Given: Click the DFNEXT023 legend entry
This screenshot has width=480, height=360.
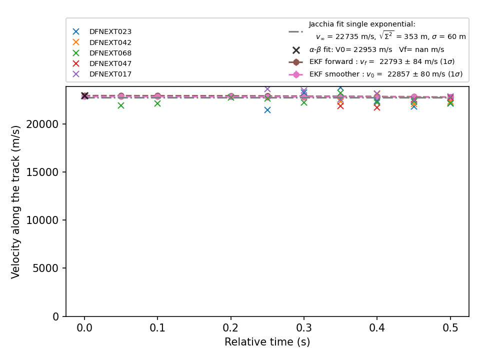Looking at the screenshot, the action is (110, 31).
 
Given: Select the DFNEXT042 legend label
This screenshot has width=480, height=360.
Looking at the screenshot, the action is (110, 42).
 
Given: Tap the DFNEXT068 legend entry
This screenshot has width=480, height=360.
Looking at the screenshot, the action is (110, 53).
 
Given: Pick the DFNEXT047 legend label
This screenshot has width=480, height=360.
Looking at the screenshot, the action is (110, 63).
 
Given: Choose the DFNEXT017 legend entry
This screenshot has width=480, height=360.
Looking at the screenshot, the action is (110, 74).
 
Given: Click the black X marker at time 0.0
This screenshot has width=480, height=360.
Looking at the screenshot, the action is (84, 96).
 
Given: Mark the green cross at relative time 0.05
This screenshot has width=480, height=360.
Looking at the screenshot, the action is (121, 105).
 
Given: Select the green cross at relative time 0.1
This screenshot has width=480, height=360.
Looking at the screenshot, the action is (157, 103).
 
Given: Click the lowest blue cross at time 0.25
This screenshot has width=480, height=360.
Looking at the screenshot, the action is (267, 110).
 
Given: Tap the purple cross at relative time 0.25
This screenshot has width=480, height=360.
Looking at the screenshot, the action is (267, 89).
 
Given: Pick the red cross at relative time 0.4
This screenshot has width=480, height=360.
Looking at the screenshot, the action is (377, 107).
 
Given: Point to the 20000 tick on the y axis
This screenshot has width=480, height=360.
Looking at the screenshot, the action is (64, 124).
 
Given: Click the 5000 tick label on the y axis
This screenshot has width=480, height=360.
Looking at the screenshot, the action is (45, 268).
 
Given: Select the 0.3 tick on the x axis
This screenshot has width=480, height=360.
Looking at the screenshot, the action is (304, 318).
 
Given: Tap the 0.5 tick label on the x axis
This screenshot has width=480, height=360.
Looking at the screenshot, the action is (450, 328).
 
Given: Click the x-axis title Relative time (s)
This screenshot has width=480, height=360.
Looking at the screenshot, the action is (267, 342).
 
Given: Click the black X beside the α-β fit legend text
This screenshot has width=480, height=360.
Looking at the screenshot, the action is (296, 50).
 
